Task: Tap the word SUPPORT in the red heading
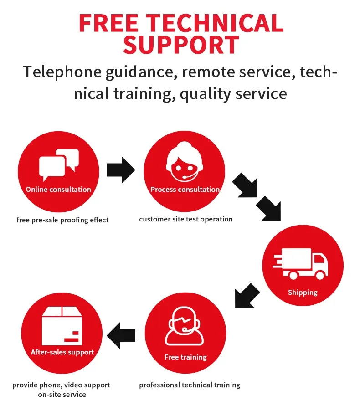click(x=181, y=45)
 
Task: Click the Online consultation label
click(x=58, y=190)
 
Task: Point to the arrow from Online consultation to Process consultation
click(x=121, y=170)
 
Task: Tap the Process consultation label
click(x=185, y=190)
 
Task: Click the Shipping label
click(x=303, y=293)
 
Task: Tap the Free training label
click(x=185, y=357)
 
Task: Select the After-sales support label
click(x=62, y=352)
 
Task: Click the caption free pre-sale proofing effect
click(x=63, y=220)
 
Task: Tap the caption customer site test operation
click(x=186, y=219)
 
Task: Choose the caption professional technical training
click(x=190, y=385)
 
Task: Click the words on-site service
click(x=62, y=395)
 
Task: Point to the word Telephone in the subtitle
click(x=60, y=72)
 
